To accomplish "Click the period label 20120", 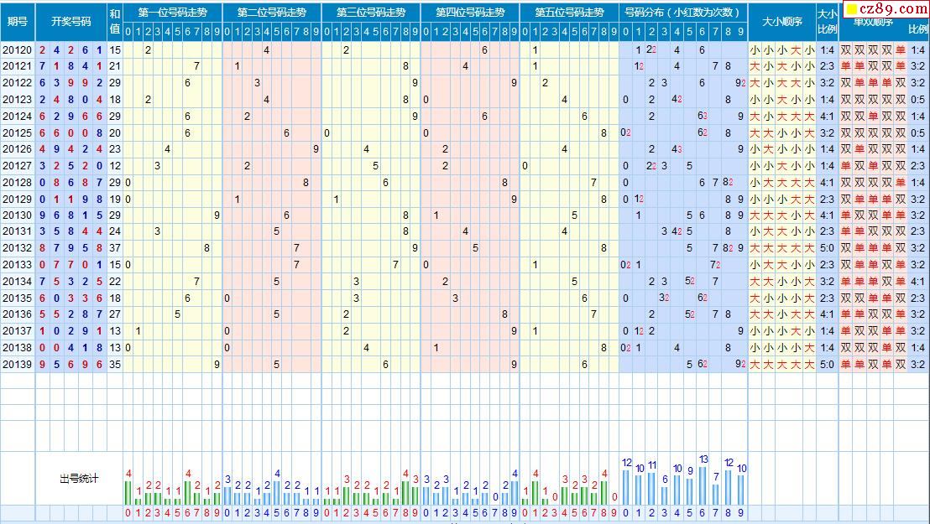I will point(17,50).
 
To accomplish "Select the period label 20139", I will point(17,365).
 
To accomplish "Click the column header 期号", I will point(17,20).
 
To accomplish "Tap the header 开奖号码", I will point(71,20).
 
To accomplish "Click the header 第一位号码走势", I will point(173,13).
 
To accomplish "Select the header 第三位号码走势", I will point(371,13).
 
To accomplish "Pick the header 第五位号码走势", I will point(569,13).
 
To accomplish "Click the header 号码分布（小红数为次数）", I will point(683,13).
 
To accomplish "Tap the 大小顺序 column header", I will point(782,20).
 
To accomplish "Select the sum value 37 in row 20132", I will point(115,248).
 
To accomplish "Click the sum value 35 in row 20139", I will point(115,365).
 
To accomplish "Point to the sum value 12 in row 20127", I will point(115,166).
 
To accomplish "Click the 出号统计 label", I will point(79,479).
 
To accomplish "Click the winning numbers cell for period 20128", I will point(71,183).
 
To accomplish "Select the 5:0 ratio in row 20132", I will point(827,248).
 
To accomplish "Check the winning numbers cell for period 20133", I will point(71,265).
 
